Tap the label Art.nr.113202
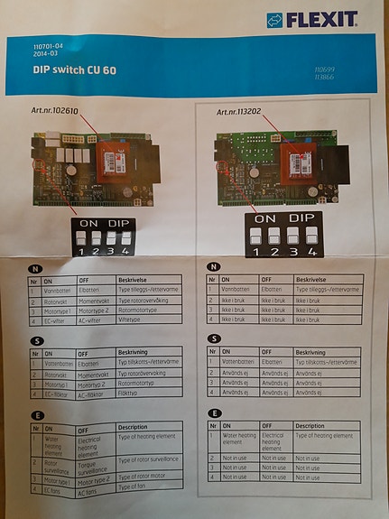(243, 113)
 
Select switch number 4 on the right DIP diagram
(311, 236)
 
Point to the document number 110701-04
(51, 44)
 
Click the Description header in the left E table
(133, 427)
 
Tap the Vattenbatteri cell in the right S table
(239, 361)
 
